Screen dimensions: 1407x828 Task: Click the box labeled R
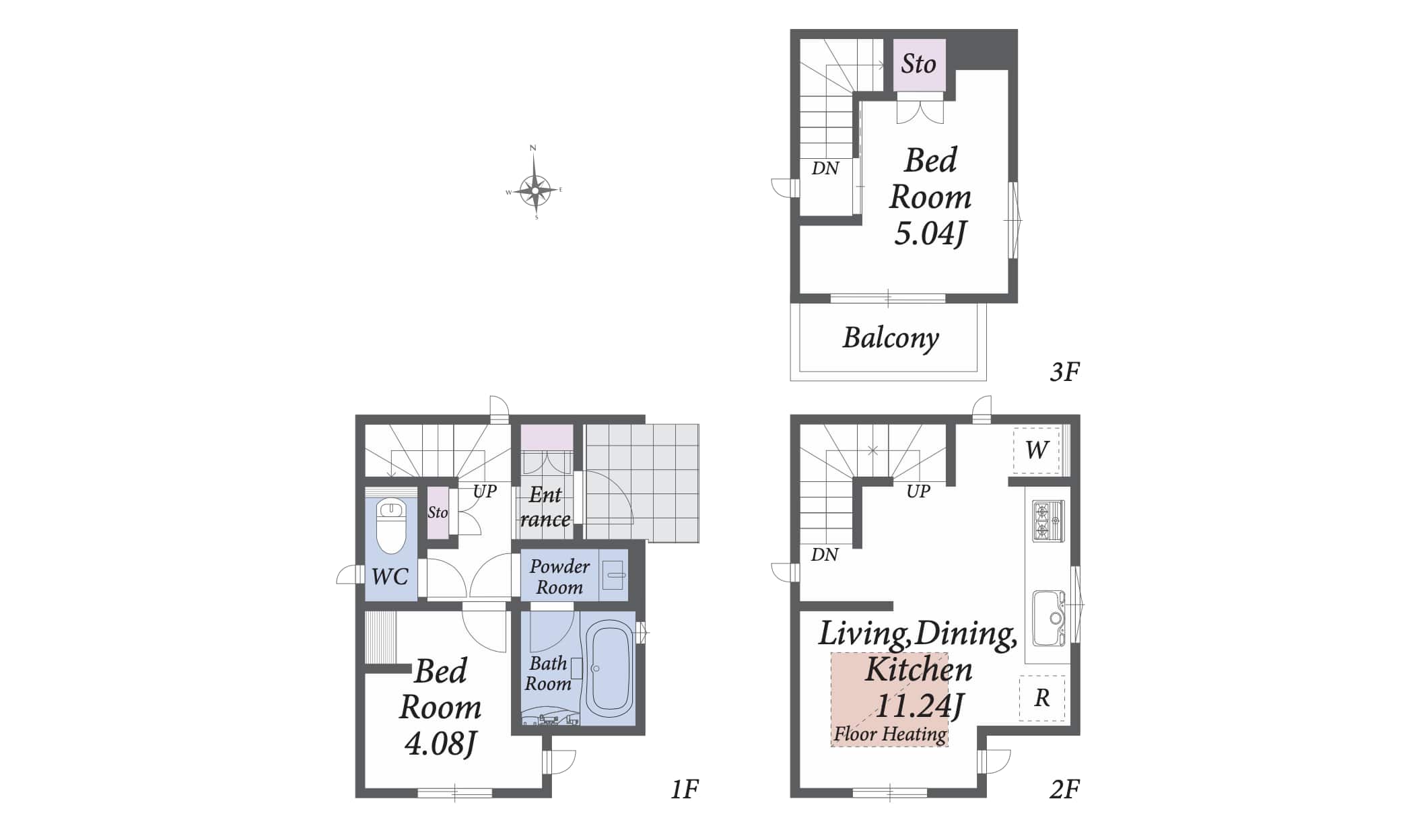(x=1041, y=698)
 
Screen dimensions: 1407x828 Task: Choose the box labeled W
(x=1037, y=449)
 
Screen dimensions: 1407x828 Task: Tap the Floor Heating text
(x=890, y=734)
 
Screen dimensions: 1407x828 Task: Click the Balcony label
(x=891, y=338)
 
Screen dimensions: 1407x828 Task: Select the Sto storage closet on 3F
(x=920, y=65)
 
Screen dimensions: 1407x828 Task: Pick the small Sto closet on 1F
(x=438, y=512)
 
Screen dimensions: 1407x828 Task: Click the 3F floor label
(x=1064, y=372)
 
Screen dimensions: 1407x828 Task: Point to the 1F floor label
(x=685, y=789)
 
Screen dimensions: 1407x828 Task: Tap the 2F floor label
(x=1064, y=789)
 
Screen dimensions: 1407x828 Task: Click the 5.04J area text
(x=930, y=234)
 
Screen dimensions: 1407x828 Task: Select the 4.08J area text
(x=440, y=744)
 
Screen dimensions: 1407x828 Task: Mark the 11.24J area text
(x=919, y=705)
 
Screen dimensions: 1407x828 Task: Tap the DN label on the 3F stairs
(x=825, y=168)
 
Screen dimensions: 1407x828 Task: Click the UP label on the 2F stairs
(x=918, y=491)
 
